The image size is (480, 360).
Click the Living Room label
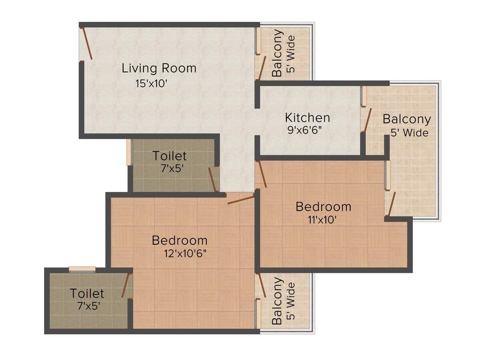(x=159, y=68)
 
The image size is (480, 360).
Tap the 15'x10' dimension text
(x=151, y=84)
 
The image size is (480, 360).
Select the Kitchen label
(x=307, y=117)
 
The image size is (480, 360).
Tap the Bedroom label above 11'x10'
(x=323, y=206)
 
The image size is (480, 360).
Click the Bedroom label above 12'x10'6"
(x=180, y=240)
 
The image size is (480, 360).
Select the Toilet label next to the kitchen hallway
(x=170, y=156)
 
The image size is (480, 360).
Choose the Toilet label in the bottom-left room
(x=87, y=293)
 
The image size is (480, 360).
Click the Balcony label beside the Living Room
(x=277, y=53)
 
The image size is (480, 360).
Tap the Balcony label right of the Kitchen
(x=406, y=119)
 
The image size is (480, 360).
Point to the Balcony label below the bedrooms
(x=277, y=301)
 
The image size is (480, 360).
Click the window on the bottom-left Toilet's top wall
(x=82, y=269)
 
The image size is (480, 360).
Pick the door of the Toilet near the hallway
(x=213, y=180)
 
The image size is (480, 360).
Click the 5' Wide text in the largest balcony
(x=409, y=133)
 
